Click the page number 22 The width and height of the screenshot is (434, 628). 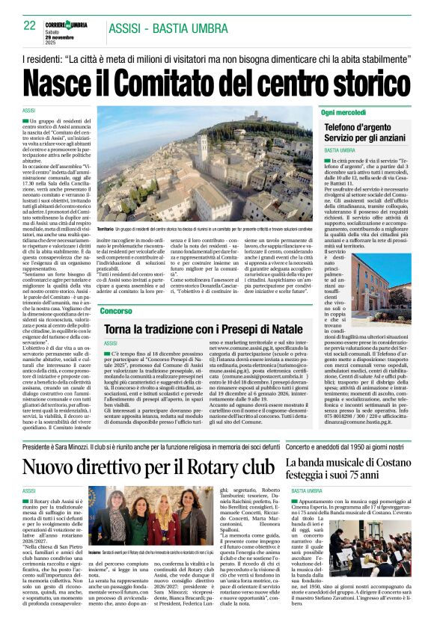(30, 25)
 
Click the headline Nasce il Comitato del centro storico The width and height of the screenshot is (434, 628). (216, 80)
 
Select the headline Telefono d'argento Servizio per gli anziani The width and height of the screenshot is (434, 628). (366, 134)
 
